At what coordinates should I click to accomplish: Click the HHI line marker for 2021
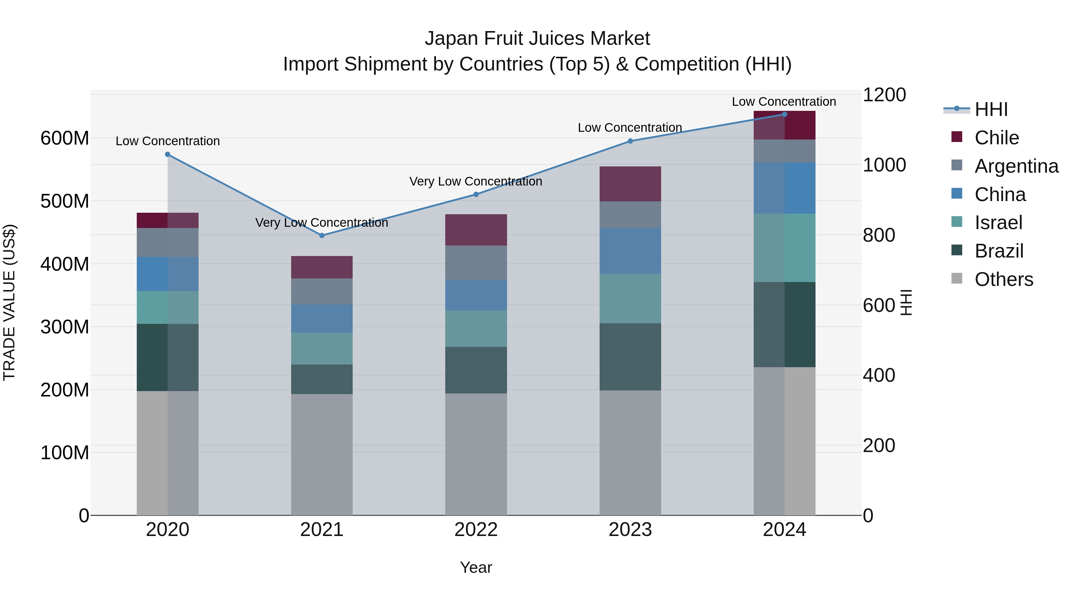pos(322,235)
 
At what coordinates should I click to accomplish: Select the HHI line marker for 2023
pos(630,141)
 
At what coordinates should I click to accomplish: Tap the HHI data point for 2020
pos(168,154)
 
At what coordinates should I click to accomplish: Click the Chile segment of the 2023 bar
pos(630,184)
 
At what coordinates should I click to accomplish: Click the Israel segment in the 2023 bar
pos(630,298)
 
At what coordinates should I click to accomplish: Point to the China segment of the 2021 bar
pos(322,318)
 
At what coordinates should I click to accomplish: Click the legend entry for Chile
pos(996,138)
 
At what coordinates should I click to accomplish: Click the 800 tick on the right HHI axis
pos(879,235)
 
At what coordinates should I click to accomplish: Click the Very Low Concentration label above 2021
pos(322,223)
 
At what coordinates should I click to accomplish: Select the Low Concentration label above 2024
pos(784,102)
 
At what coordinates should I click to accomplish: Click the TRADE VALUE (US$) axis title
pos(9,302)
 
